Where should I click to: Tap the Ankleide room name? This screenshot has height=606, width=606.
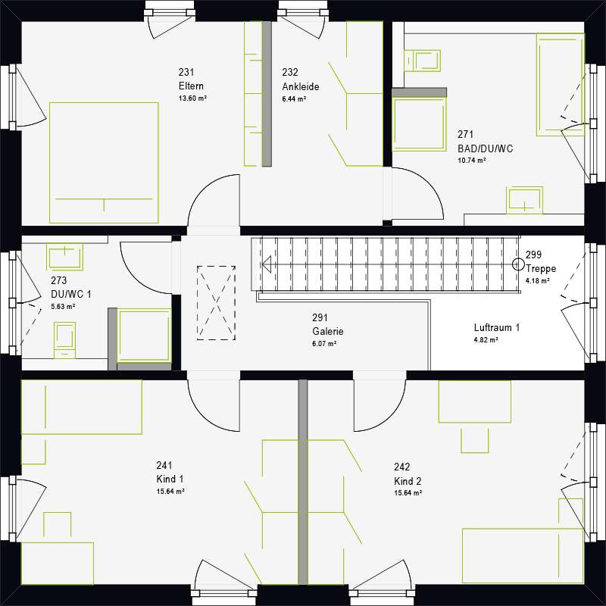point(300,86)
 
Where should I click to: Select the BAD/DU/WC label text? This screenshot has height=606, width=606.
point(485,148)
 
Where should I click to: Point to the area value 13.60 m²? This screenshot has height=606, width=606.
point(192,99)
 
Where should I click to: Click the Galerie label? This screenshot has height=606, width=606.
point(328,331)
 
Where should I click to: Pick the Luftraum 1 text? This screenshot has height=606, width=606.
point(497,328)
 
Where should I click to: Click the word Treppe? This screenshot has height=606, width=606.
point(541,269)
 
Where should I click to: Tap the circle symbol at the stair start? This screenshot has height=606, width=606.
point(517,264)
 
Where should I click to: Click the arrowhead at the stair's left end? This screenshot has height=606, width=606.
point(267,264)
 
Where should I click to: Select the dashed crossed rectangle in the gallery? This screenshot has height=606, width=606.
point(216,302)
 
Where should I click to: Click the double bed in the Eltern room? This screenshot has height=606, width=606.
point(104,163)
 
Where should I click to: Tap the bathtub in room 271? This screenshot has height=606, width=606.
point(560,84)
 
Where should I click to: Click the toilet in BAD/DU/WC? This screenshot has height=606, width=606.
point(421,58)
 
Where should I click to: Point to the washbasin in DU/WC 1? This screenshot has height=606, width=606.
point(65,257)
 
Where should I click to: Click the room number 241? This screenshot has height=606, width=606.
point(165,466)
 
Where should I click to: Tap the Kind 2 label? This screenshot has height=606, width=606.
point(408,481)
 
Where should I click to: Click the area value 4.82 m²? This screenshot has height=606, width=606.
point(486,341)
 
